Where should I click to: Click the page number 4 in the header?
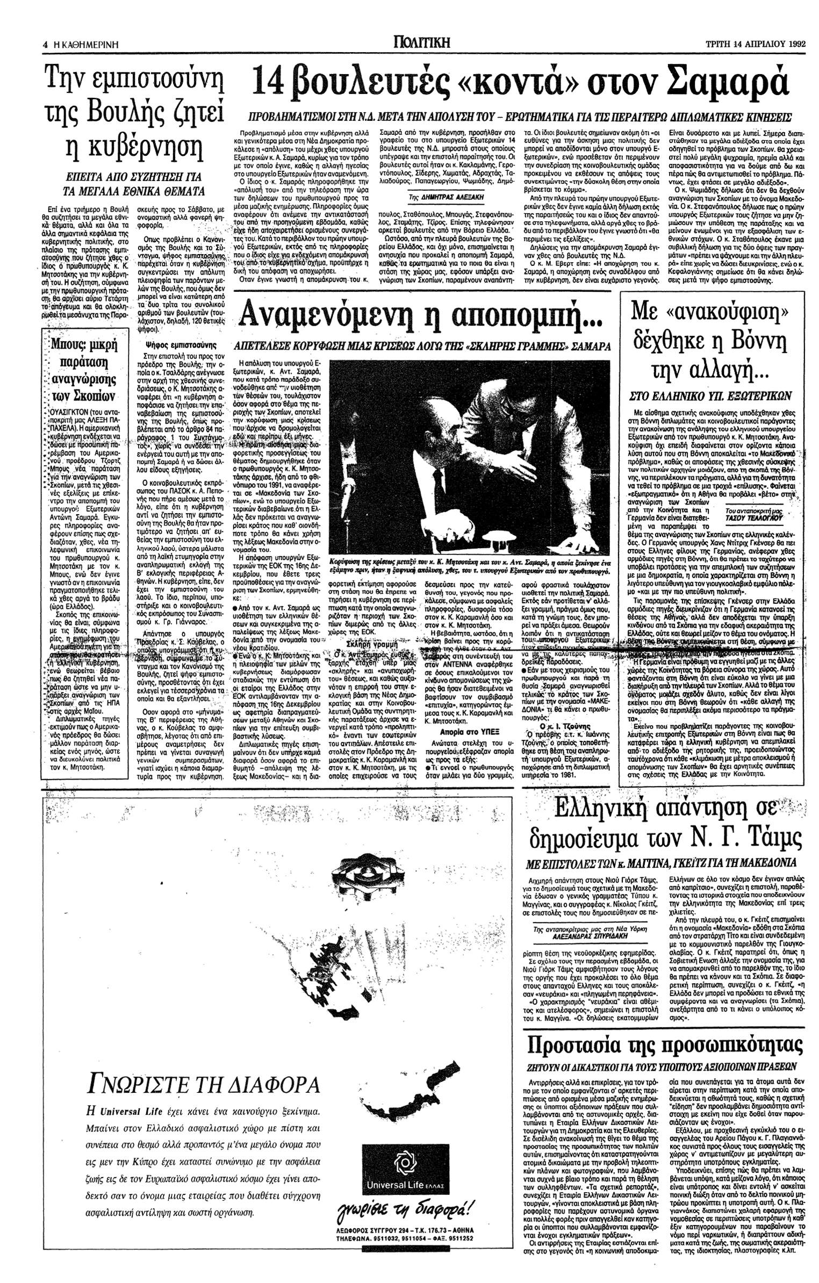[46, 46]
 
